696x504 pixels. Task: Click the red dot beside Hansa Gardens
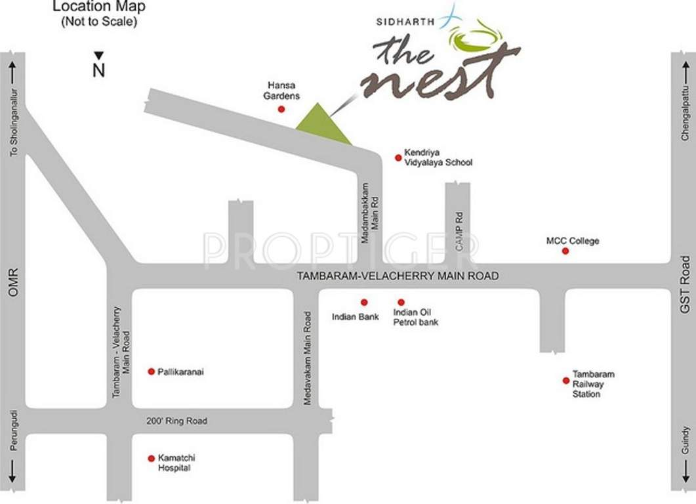pyautogui.click(x=281, y=110)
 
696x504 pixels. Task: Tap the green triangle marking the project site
pyautogui.click(x=321, y=125)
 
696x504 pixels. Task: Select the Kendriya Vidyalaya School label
pyautogui.click(x=438, y=157)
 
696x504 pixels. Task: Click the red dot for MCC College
pyautogui.click(x=565, y=251)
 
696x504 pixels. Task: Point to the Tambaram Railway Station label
pyautogui.click(x=593, y=384)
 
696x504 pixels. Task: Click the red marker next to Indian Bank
pyautogui.click(x=364, y=302)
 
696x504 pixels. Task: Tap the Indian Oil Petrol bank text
pyautogui.click(x=415, y=317)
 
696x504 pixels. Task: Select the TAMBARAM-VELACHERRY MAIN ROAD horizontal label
pyautogui.click(x=398, y=276)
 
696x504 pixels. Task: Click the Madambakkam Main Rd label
pyautogui.click(x=371, y=213)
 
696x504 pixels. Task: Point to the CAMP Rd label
pyautogui.click(x=459, y=231)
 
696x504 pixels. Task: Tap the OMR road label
pyautogui.click(x=12, y=282)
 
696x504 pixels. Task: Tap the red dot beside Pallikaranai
pyautogui.click(x=151, y=371)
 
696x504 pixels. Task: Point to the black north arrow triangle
pyautogui.click(x=98, y=56)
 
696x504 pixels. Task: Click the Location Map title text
pyautogui.click(x=99, y=8)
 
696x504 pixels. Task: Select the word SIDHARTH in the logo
pyautogui.click(x=405, y=21)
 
